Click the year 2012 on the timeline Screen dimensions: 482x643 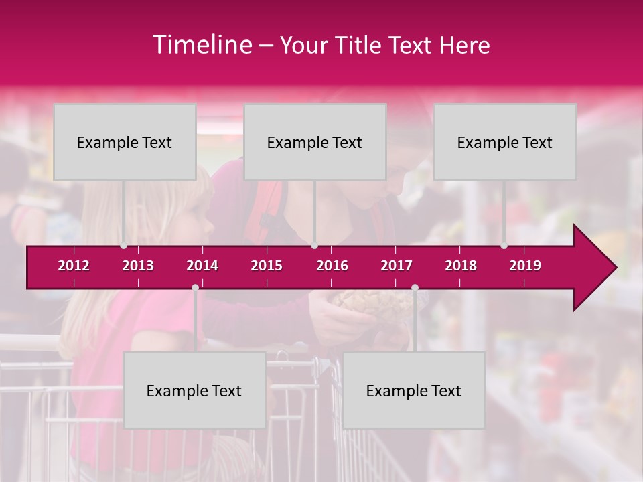(x=74, y=266)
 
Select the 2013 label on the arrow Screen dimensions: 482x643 (x=138, y=266)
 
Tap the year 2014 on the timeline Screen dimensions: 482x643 (x=202, y=266)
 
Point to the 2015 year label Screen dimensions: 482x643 (x=267, y=266)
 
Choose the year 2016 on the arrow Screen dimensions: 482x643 (x=332, y=266)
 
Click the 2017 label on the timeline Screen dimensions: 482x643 (x=397, y=266)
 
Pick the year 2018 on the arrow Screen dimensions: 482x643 (x=461, y=266)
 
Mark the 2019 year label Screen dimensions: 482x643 (x=525, y=266)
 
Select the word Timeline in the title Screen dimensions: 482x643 (x=201, y=45)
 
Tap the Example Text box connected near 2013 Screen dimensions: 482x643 (x=125, y=142)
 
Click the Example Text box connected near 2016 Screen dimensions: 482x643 (x=315, y=142)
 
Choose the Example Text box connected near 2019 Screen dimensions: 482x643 (x=505, y=142)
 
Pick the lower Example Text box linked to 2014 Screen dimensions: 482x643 (x=194, y=390)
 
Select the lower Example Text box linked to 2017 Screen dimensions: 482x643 (x=414, y=390)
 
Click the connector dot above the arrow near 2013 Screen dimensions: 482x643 (x=123, y=246)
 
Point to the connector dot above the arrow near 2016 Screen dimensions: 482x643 (x=314, y=246)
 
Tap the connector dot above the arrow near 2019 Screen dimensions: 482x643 (x=504, y=246)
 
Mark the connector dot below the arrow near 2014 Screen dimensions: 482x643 (x=195, y=287)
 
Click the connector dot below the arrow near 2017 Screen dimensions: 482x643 (x=415, y=287)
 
